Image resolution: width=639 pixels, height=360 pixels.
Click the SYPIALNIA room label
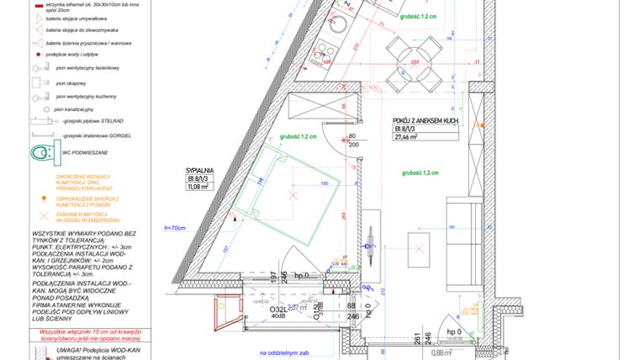point(200,169)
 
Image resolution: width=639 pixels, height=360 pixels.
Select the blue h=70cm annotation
point(175,228)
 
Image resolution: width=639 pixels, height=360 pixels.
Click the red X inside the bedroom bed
point(293,196)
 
